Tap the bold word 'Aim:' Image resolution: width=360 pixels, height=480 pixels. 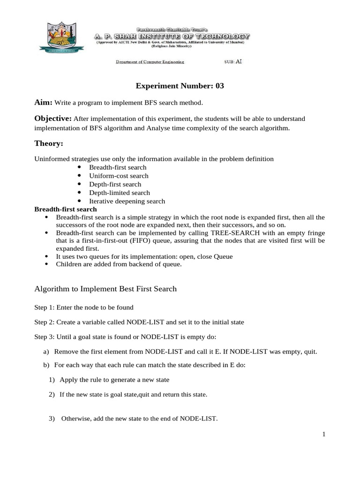pyautogui.click(x=44, y=102)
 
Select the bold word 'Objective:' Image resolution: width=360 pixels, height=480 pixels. pyautogui.click(x=53, y=118)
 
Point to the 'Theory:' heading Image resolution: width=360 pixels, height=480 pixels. pyautogui.click(x=49, y=143)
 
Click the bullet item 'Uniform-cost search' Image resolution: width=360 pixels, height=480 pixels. pyautogui.click(x=119, y=176)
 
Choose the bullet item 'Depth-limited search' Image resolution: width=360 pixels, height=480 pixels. pyautogui.click(x=120, y=193)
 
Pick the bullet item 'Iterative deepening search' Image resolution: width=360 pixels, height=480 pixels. pyautogui.click(x=127, y=201)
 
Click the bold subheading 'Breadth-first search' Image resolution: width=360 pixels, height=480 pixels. pyautogui.click(x=66, y=209)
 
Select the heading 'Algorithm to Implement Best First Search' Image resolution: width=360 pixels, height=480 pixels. pyautogui.click(x=105, y=289)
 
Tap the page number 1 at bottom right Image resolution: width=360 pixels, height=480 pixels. pyautogui.click(x=323, y=435)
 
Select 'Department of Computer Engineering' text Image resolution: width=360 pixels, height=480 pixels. pyautogui.click(x=150, y=62)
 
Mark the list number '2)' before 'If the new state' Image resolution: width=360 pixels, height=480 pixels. pyautogui.click(x=52, y=395)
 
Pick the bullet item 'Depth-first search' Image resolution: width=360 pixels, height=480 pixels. pyautogui.click(x=115, y=184)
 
